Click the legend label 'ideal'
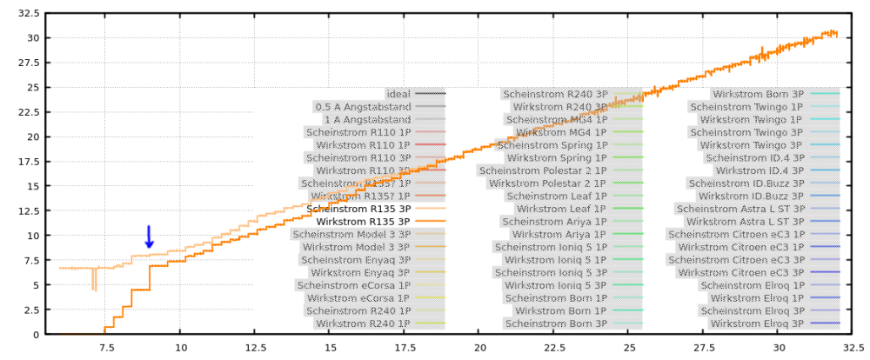[398, 94]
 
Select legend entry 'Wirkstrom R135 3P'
[363, 222]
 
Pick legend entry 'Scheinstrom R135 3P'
[359, 209]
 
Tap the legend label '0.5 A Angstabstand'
[363, 107]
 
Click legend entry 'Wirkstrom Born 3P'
[758, 94]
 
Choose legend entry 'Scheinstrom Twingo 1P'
[746, 107]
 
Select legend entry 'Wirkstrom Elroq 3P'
[757, 323]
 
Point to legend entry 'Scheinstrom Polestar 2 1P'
[542, 170]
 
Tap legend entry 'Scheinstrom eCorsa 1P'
[353, 285]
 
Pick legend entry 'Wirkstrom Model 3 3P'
[356, 247]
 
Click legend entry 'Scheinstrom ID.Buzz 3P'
[746, 183]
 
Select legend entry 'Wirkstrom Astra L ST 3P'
[745, 222]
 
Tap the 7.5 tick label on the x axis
[105, 348]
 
